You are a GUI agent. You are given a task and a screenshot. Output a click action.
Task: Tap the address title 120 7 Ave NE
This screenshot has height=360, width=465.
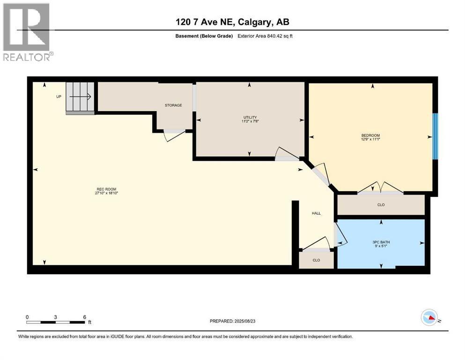232,22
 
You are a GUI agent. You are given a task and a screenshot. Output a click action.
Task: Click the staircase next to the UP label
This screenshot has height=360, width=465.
81,97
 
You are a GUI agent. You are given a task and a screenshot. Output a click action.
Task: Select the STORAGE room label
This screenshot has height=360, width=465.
173,105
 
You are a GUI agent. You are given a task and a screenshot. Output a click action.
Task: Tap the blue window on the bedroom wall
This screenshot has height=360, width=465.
435,136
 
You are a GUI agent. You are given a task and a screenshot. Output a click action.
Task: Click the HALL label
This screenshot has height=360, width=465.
317,213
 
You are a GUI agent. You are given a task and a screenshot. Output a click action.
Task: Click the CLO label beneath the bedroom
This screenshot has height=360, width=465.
381,205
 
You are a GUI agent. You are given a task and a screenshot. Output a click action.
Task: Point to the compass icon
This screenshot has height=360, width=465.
429,318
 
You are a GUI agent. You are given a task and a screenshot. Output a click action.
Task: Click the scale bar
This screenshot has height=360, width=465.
56,322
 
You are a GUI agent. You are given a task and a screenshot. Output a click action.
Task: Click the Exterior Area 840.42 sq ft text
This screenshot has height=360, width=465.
267,36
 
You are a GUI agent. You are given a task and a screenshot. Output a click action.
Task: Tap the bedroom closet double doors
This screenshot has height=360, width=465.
380,188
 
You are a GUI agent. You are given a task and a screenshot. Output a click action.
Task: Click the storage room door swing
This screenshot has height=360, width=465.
174,135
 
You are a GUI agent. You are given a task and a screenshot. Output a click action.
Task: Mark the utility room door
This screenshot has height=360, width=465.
287,155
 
